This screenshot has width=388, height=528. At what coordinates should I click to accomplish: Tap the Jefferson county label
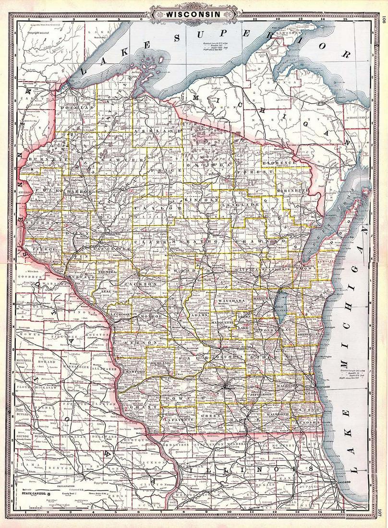click(x=262, y=393)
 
